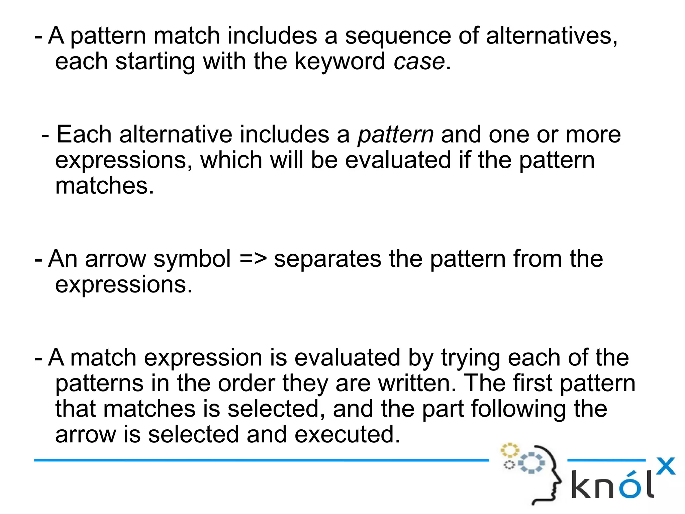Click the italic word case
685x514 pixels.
419,62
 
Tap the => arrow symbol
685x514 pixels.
253,259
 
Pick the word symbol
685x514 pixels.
192,260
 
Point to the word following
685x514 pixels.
518,409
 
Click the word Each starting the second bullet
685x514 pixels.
84,135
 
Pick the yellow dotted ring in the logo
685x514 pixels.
509,450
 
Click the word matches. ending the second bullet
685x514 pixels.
104,186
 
